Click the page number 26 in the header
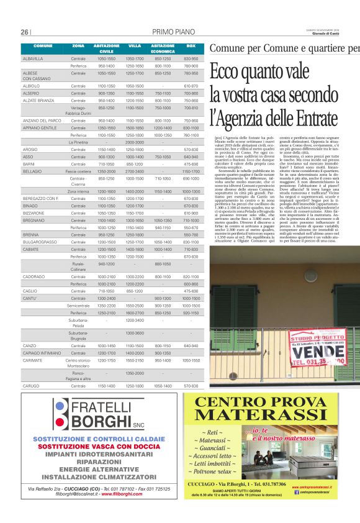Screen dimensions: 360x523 pos(25,32)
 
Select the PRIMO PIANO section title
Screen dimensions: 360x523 pos(173,32)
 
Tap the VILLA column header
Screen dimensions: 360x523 pos(135,47)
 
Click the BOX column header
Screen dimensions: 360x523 pos(191,47)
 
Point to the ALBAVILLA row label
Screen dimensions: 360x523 pos(34,58)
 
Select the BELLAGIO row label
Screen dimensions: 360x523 pos(32,170)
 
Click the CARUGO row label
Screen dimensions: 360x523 pos(31,386)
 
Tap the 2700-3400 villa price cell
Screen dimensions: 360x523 pos(135,170)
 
